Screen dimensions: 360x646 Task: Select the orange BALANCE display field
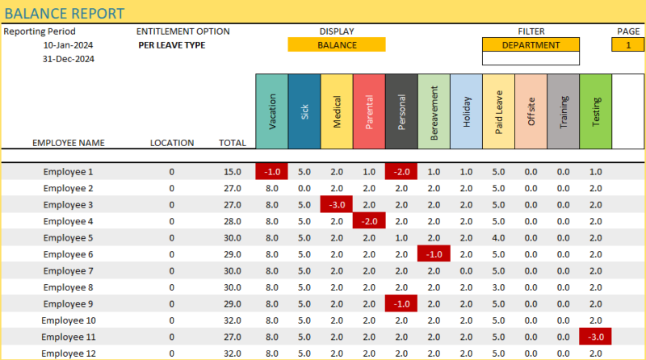(337, 45)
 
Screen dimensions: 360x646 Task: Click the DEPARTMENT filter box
(531, 45)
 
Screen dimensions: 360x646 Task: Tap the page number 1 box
(628, 45)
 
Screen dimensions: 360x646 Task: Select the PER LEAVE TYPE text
(171, 45)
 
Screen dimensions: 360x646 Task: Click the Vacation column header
(272, 112)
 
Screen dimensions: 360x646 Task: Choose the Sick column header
(304, 112)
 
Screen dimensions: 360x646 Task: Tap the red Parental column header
(369, 112)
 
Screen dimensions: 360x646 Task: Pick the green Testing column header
(596, 112)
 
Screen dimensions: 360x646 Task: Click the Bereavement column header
(434, 112)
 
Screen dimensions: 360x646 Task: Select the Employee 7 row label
(69, 270)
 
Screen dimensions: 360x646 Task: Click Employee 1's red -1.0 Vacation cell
(272, 172)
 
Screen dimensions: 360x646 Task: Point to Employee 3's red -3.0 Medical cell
(337, 205)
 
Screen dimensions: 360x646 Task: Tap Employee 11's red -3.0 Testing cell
(596, 337)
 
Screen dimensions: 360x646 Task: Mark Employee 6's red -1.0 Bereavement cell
(434, 254)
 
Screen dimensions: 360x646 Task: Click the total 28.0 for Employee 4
(233, 221)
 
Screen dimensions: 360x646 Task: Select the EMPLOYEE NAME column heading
(69, 143)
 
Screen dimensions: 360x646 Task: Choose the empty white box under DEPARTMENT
(531, 59)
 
